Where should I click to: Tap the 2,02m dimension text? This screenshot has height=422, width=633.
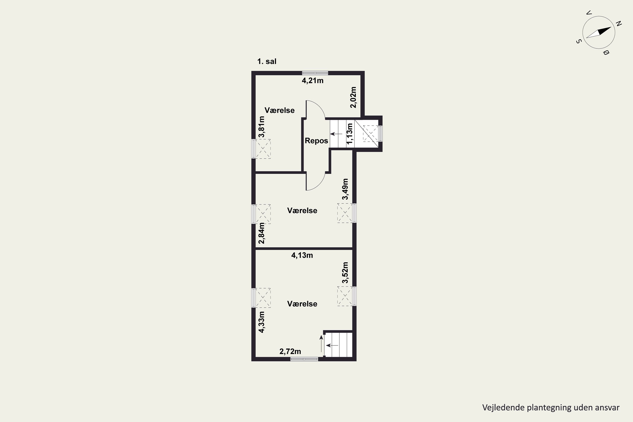[x=353, y=97]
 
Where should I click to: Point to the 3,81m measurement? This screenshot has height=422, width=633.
[x=261, y=127]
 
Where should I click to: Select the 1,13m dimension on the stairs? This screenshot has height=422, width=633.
[x=349, y=134]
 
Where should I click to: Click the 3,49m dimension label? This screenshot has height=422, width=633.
[x=345, y=189]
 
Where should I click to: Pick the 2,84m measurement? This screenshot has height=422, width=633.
[x=261, y=233]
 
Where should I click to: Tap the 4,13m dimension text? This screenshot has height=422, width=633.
[x=302, y=255]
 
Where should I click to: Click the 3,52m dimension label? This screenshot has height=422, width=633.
[x=345, y=273]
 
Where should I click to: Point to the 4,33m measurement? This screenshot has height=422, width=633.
[x=261, y=322]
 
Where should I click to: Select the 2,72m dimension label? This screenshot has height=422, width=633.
[x=290, y=352]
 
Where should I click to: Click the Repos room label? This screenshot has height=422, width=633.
[x=316, y=141]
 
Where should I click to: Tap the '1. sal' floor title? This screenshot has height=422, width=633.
[x=267, y=62]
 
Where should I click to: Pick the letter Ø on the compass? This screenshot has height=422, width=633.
[x=606, y=53]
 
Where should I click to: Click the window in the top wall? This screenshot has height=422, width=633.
[x=315, y=73]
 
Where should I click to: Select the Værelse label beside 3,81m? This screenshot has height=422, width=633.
[x=279, y=110]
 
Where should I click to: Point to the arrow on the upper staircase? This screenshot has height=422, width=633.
[x=336, y=134]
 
